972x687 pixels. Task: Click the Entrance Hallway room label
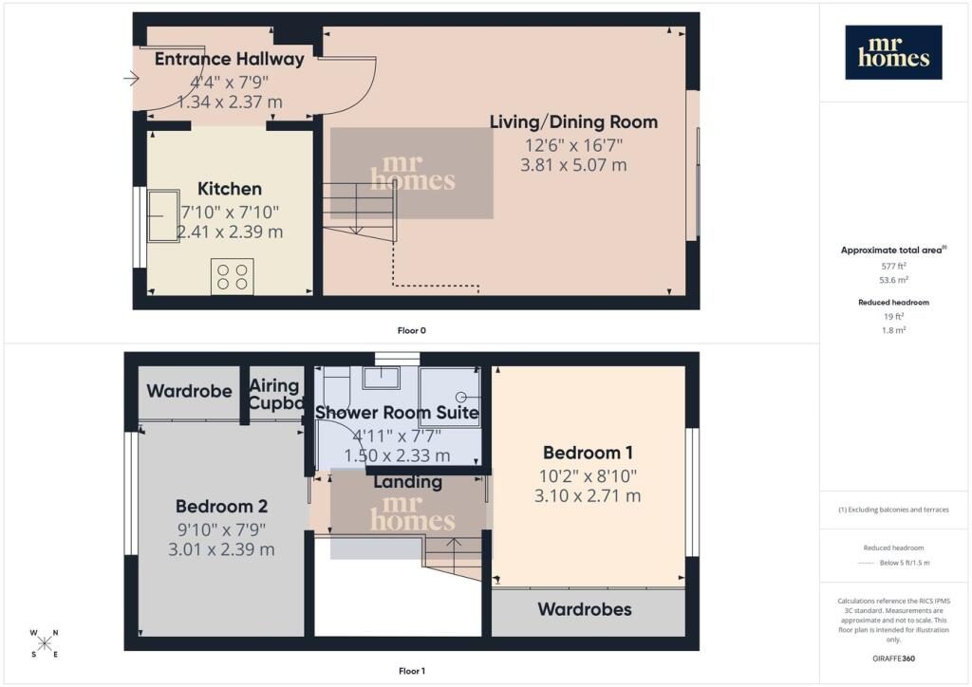[x=230, y=59]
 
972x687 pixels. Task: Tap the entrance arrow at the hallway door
[x=131, y=79]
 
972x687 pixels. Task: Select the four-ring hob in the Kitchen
[x=233, y=276]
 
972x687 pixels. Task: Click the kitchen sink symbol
[x=163, y=215]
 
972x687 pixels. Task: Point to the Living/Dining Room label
[x=574, y=122]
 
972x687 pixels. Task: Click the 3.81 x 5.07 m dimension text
[x=573, y=165]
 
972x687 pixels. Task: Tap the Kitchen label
[x=230, y=188]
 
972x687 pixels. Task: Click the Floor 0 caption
[x=412, y=330]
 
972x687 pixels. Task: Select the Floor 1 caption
[x=412, y=671]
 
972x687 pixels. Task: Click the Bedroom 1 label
[x=588, y=453]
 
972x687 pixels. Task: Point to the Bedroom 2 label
[x=221, y=507]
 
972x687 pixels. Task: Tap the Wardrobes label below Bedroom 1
[x=585, y=609]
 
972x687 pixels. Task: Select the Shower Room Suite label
[x=397, y=413]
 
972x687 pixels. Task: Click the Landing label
[x=408, y=482]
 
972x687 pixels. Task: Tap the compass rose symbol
[x=45, y=643]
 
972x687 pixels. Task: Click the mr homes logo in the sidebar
[x=893, y=52]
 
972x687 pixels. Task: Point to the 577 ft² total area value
[x=893, y=266]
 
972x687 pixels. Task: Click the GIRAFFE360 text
[x=893, y=659]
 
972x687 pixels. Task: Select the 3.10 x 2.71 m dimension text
[x=588, y=495]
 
